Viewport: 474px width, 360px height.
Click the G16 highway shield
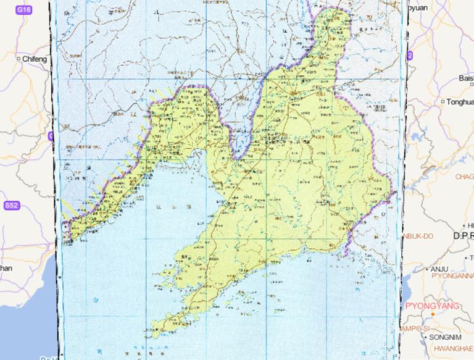coord(23,10)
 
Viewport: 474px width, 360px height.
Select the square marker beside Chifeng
coord(20,59)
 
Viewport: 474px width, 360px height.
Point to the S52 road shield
coord(11,206)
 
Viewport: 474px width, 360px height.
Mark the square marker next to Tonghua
coord(443,101)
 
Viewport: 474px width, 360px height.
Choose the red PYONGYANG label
coord(432,306)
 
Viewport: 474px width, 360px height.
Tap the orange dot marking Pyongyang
coord(433,315)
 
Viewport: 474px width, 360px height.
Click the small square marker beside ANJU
coord(425,269)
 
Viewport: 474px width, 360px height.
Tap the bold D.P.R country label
coord(462,236)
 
